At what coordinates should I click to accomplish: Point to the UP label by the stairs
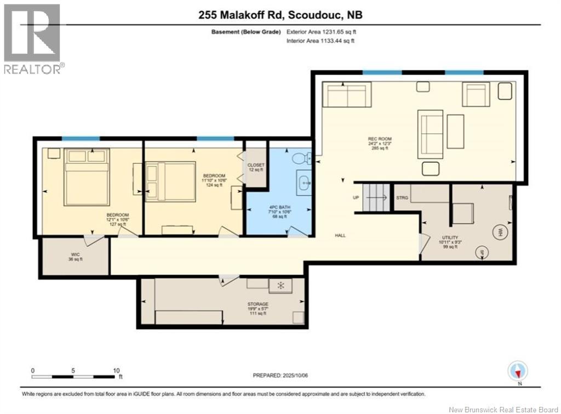(x=355, y=197)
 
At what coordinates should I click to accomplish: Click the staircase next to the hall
(x=375, y=198)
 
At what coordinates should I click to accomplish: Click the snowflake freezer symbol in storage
(x=280, y=286)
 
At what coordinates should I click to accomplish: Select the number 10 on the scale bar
(x=116, y=370)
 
